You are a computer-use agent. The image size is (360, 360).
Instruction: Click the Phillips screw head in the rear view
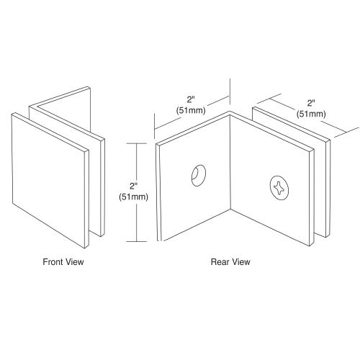(279, 188)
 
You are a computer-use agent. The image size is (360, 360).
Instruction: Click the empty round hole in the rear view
(199, 176)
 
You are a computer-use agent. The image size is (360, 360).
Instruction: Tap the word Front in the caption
(53, 261)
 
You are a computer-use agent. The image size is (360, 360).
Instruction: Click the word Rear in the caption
(220, 261)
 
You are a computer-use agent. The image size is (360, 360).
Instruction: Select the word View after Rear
(240, 261)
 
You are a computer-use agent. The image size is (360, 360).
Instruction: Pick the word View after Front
(75, 261)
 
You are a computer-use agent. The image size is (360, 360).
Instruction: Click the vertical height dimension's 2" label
(133, 186)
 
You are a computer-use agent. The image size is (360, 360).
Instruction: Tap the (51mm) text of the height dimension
(133, 197)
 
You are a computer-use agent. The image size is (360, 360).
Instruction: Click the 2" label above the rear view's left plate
(191, 99)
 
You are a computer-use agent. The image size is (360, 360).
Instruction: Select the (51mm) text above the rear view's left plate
(191, 110)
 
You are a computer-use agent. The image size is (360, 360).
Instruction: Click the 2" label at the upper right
(311, 103)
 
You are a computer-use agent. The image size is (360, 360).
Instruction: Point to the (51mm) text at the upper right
(311, 114)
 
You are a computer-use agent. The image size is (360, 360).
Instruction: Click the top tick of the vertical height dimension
(137, 143)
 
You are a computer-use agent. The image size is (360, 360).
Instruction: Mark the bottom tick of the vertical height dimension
(137, 241)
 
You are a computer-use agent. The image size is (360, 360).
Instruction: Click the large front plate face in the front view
(49, 180)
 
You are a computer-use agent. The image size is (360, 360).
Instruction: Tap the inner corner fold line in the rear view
(230, 162)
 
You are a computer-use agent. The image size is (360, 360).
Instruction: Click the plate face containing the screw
(271, 180)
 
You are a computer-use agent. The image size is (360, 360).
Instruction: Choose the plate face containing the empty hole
(195, 179)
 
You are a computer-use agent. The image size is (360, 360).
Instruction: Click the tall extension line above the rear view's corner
(230, 91)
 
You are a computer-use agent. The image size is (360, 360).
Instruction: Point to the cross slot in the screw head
(279, 188)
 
